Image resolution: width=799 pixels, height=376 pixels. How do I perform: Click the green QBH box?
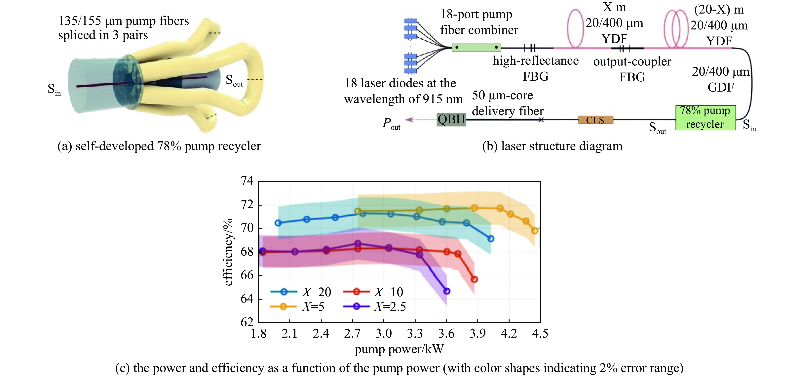click(451, 119)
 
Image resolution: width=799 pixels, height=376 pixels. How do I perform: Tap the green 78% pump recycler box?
click(705, 118)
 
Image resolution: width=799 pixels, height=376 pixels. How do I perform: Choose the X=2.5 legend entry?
click(374, 307)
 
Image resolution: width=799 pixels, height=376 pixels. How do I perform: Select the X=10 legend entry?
click(373, 292)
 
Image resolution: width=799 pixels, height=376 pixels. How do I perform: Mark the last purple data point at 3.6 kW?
click(447, 291)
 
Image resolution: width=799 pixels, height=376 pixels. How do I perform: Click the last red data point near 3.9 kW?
click(474, 279)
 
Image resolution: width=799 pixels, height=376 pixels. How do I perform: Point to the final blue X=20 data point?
click(490, 239)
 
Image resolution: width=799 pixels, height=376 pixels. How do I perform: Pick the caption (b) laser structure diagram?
click(552, 146)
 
